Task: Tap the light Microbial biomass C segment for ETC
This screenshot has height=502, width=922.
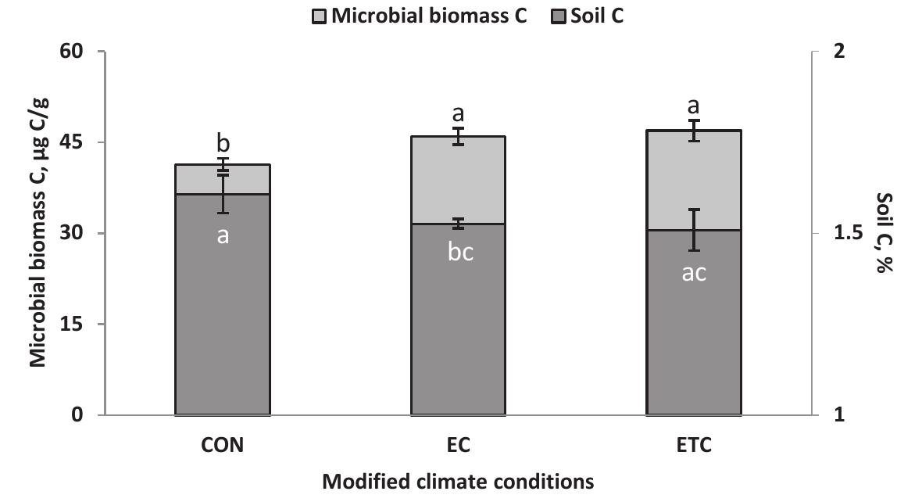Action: (x=694, y=180)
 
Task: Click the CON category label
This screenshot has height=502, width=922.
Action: (x=223, y=446)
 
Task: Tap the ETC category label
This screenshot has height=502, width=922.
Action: (x=694, y=446)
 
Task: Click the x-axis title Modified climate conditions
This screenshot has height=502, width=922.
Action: (x=458, y=482)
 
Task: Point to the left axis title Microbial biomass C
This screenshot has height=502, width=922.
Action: (x=38, y=233)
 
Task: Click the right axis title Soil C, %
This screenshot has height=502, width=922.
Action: (x=884, y=233)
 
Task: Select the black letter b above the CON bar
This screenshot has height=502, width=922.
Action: (x=223, y=145)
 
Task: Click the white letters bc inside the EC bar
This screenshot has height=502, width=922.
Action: (x=459, y=253)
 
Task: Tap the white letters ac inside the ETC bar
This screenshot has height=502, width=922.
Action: (x=694, y=273)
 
